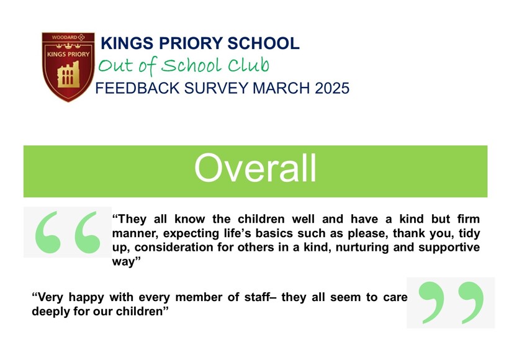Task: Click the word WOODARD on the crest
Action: coord(65,37)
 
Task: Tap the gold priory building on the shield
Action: coord(68,75)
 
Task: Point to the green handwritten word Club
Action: coord(248,65)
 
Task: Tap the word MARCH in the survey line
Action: coord(281,88)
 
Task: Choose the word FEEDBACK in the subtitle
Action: coord(137,88)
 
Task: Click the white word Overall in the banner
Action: coord(255,168)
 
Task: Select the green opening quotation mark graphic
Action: coord(68,232)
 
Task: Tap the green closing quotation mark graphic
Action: coord(451,302)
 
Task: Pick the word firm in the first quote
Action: coord(469,218)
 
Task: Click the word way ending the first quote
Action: coord(123,262)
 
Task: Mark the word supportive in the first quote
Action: coord(449,248)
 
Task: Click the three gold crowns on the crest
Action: coord(68,46)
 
